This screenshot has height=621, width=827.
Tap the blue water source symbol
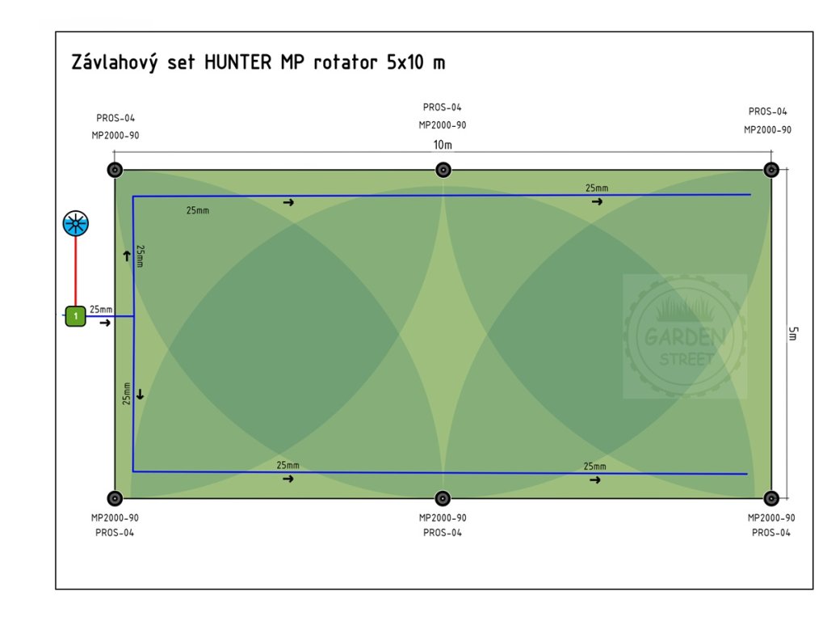(x=76, y=223)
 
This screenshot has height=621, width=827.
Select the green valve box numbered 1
(x=75, y=316)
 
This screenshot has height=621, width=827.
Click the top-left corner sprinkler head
(x=115, y=170)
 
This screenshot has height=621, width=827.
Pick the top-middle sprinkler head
(x=443, y=170)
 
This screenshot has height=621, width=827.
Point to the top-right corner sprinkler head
(x=771, y=170)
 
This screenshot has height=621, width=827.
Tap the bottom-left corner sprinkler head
(x=115, y=498)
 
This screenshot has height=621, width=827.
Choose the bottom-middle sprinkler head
(x=443, y=498)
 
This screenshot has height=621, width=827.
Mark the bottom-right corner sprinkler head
(x=771, y=498)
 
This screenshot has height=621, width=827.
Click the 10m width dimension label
(x=443, y=145)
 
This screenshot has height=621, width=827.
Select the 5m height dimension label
(x=793, y=333)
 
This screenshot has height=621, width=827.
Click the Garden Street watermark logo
(x=685, y=336)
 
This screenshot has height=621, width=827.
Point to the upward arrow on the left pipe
(x=127, y=256)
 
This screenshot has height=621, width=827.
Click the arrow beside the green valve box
(x=105, y=323)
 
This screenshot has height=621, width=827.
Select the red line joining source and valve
(x=76, y=272)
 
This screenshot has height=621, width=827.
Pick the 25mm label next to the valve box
(x=101, y=310)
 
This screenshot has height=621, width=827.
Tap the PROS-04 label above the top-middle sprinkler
(x=443, y=108)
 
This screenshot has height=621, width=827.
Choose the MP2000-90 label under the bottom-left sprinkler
(x=115, y=517)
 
